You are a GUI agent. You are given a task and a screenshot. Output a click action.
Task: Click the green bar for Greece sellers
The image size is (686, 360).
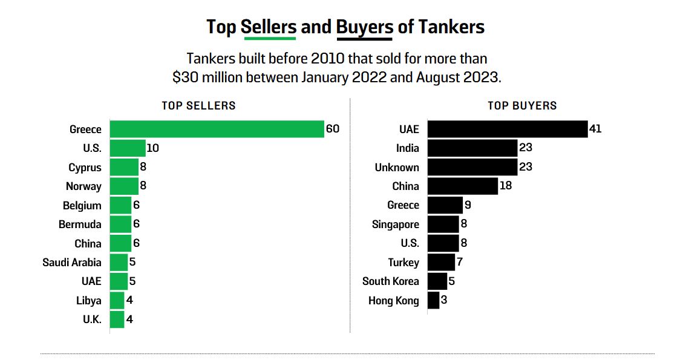pos(217,129)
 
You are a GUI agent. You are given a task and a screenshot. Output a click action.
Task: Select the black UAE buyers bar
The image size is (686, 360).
pos(507,129)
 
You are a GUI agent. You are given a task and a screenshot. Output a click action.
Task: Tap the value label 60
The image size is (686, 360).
pos(333,129)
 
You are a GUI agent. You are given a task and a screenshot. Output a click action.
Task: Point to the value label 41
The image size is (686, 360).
pos(595,129)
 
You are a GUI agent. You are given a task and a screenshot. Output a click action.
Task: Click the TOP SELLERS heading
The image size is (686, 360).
pos(198,106)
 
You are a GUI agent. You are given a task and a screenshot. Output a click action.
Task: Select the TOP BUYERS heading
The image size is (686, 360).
pos(522,106)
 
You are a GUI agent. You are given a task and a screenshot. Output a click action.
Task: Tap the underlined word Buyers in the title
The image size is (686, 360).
pos(364,27)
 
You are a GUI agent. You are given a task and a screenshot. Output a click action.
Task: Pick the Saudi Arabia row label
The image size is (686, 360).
pos(72,263)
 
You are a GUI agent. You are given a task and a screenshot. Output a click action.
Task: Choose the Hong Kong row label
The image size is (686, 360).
pos(393,301)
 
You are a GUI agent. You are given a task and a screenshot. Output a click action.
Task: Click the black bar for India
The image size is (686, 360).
pos(472,148)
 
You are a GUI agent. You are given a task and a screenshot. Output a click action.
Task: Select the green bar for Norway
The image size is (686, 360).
pos(124,186)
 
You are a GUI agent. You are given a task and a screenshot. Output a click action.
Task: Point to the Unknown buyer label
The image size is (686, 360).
pos(397,168)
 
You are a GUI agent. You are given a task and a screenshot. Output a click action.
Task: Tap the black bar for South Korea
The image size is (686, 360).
pos(437,281)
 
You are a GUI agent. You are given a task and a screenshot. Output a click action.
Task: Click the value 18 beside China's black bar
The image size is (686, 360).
pos(506,186)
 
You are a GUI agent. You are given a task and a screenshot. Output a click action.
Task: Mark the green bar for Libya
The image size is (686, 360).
pos(117,301)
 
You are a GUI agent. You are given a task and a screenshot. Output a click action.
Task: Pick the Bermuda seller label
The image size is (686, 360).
pos(80,224)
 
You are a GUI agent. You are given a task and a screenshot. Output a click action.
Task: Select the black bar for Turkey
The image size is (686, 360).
pos(440,263)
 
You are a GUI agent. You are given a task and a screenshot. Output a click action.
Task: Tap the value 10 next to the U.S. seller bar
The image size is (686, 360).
pos(152,148)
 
